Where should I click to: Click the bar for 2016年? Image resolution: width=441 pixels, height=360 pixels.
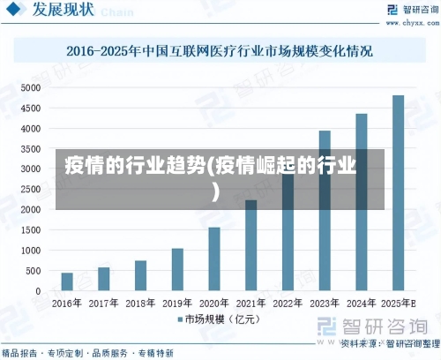coord(67,281)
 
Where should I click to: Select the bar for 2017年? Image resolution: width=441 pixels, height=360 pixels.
coord(104,279)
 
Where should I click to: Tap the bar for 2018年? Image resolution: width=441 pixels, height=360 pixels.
coord(141,275)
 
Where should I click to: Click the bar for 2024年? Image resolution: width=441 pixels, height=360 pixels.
coord(362,202)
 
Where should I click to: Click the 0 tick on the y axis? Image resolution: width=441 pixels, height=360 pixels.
coord(38,291)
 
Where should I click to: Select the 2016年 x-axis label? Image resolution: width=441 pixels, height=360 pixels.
coord(67,303)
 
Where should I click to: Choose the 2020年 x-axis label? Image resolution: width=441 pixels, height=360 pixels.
coord(214,303)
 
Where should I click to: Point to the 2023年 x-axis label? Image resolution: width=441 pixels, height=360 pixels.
coord(325,303)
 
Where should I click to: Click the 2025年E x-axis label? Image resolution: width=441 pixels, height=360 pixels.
coord(399,303)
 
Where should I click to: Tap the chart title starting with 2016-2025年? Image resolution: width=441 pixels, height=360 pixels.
coord(220,50)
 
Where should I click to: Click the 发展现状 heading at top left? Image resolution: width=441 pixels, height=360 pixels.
coord(63,11)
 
